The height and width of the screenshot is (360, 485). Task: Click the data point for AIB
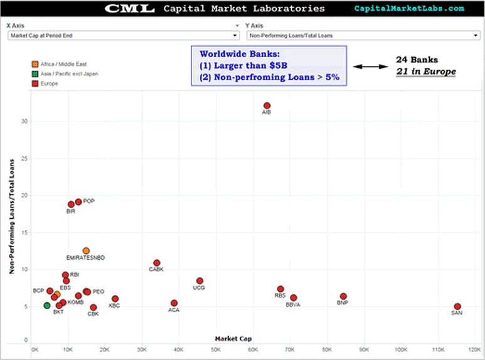(x=267, y=106)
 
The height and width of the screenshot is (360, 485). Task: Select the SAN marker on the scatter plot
(x=457, y=307)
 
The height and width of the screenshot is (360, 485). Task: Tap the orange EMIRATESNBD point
(x=86, y=251)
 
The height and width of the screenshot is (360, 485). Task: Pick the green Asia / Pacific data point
(x=46, y=305)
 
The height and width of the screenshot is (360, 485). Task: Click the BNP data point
(x=343, y=296)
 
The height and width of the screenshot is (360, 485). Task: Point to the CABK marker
(x=156, y=263)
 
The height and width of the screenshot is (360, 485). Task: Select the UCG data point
(x=200, y=281)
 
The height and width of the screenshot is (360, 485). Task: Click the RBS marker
(x=280, y=289)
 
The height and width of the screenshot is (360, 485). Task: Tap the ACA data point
(x=174, y=303)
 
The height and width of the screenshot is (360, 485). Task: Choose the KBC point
(x=115, y=299)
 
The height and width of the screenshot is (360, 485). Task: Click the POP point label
(x=88, y=201)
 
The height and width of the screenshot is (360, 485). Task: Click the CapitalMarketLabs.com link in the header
(x=409, y=8)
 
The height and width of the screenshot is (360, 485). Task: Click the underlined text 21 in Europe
(x=425, y=71)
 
